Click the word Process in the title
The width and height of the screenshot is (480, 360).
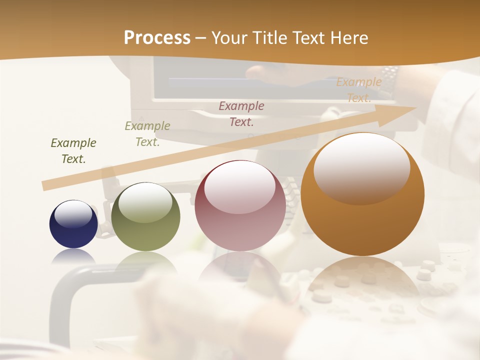[157, 38]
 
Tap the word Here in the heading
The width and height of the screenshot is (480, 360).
[349, 38]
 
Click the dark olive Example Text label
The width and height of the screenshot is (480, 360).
[73, 151]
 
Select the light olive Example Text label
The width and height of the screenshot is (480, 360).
[147, 133]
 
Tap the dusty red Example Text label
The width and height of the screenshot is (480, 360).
[241, 113]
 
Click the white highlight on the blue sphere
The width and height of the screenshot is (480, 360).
[73, 214]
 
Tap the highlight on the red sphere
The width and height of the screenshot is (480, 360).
[240, 187]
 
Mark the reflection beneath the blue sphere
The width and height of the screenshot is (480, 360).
[73, 256]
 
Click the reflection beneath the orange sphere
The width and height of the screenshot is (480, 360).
[362, 275]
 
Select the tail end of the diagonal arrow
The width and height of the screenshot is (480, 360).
[46, 185]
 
